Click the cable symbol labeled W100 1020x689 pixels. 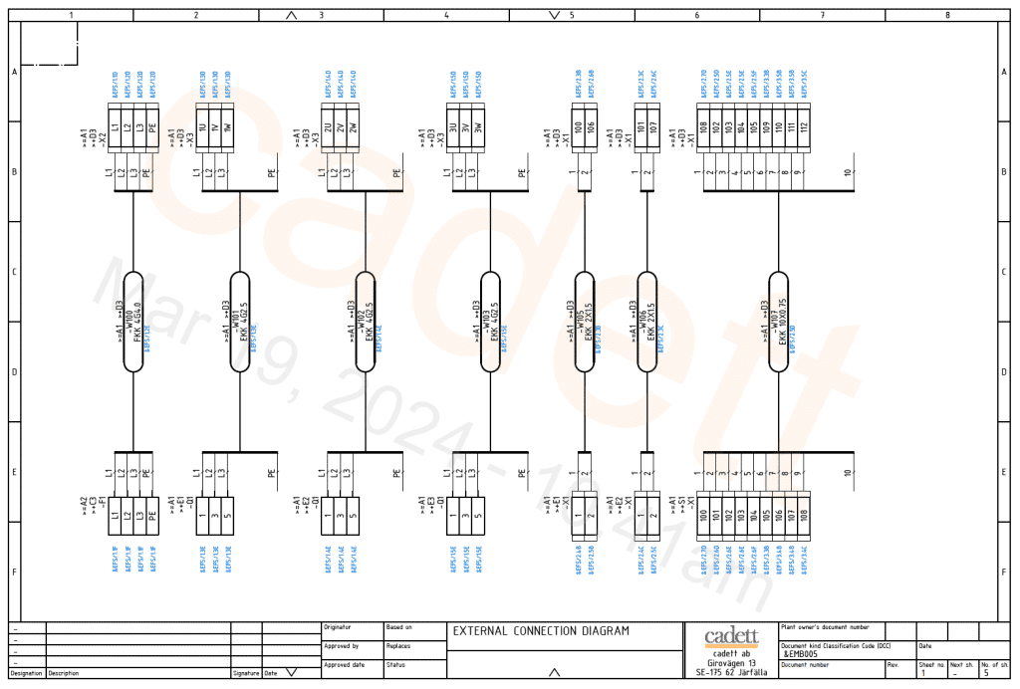(x=133, y=322)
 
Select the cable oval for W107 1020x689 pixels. (x=781, y=322)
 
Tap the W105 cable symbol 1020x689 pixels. (x=586, y=322)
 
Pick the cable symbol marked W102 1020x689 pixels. (x=365, y=322)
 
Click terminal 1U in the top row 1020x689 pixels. (x=202, y=127)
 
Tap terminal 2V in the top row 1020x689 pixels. (x=340, y=127)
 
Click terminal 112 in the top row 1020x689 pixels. (x=803, y=127)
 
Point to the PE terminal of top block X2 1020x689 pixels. (x=151, y=127)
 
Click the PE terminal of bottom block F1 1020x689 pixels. (x=151, y=516)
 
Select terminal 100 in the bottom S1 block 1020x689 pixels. (x=703, y=516)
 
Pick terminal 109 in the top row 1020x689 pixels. (x=765, y=127)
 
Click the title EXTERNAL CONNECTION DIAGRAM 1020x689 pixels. (x=542, y=631)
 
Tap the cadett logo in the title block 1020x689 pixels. (x=731, y=637)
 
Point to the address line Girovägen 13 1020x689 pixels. (x=731, y=663)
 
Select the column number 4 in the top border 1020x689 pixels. (x=446, y=16)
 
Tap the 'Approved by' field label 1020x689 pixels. (x=342, y=646)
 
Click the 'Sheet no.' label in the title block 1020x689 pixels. (x=930, y=664)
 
